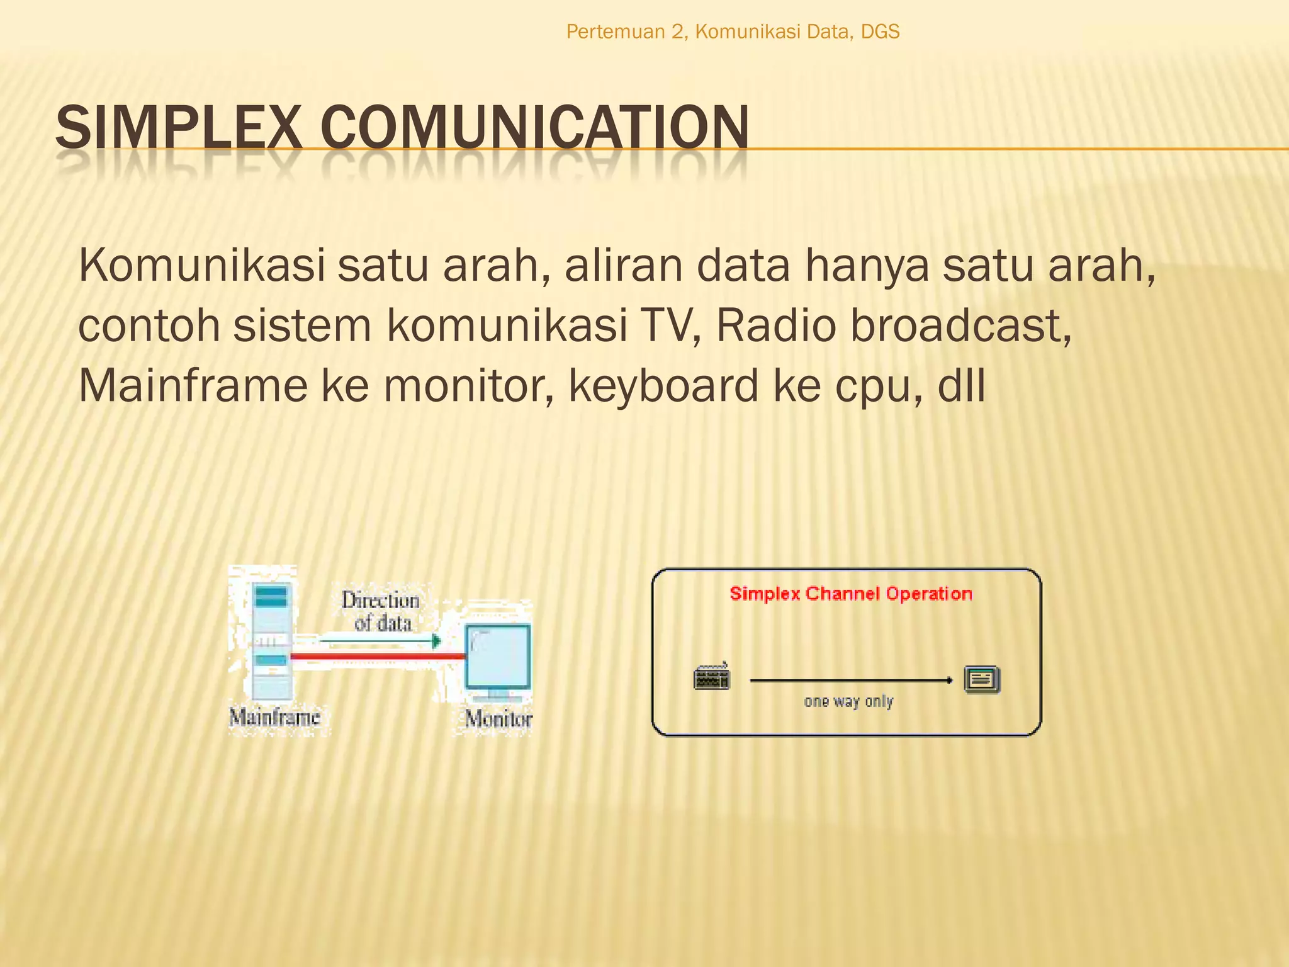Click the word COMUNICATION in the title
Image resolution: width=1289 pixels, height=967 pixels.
tap(534, 128)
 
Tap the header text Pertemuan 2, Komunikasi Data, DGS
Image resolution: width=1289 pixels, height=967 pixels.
tap(733, 31)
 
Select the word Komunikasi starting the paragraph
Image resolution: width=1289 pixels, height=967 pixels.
tap(201, 266)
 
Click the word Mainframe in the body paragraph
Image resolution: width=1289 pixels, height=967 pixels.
tap(193, 386)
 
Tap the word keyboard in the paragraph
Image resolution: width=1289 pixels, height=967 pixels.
tap(663, 386)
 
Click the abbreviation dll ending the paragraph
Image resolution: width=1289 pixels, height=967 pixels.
tap(961, 386)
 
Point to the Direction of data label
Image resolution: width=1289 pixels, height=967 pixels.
tap(381, 611)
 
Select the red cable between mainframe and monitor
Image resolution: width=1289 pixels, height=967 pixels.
tap(378, 657)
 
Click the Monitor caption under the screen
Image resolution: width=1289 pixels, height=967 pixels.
tap(498, 718)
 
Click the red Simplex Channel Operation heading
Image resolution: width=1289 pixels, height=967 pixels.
tap(850, 594)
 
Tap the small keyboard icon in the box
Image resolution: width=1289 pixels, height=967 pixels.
tap(712, 677)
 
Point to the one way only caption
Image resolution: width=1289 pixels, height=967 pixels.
tap(848, 701)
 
